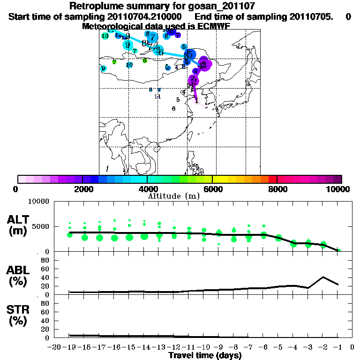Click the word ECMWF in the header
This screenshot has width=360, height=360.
tap(211, 26)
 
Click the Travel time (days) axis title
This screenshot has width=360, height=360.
tap(205, 356)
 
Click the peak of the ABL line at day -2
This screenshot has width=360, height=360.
tap(323, 277)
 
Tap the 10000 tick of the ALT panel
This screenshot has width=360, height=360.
tap(38, 202)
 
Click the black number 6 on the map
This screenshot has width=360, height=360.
tap(173, 108)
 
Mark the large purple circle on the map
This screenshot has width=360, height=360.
tap(204, 63)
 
